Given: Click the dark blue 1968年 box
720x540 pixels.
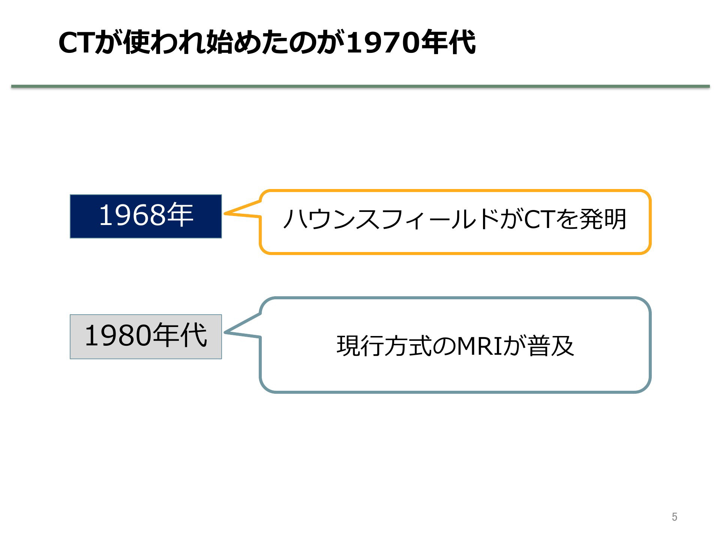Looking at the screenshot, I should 145,216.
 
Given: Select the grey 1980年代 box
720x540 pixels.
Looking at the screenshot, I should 145,336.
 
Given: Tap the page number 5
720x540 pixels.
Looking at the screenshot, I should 674,517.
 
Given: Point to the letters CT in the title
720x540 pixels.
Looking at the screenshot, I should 76,43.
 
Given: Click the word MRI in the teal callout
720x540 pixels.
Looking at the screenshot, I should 479,346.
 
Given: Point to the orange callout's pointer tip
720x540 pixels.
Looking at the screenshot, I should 225,213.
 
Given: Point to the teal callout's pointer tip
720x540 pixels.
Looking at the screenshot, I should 225,332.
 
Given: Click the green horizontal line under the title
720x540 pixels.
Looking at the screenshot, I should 360,87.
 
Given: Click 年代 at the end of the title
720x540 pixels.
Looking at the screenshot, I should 448,42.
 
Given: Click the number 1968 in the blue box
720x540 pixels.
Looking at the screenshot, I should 132,215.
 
